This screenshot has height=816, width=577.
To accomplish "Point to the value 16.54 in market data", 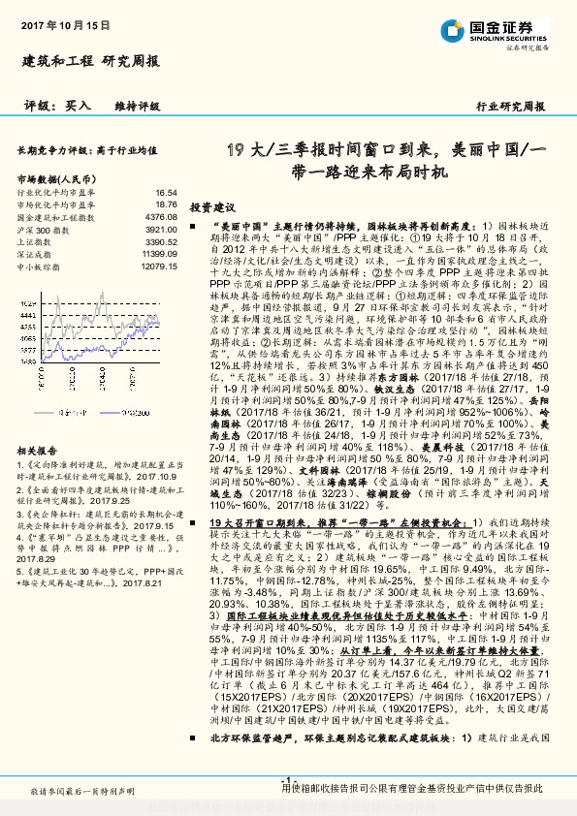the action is pos(167,193).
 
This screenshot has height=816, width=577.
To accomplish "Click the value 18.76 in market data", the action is pos(167,204).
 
